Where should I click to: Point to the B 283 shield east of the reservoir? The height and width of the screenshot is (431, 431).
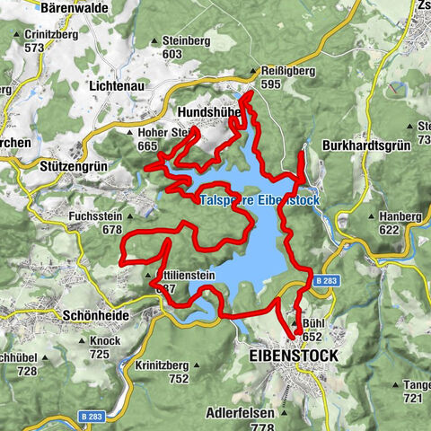coord(327,282)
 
